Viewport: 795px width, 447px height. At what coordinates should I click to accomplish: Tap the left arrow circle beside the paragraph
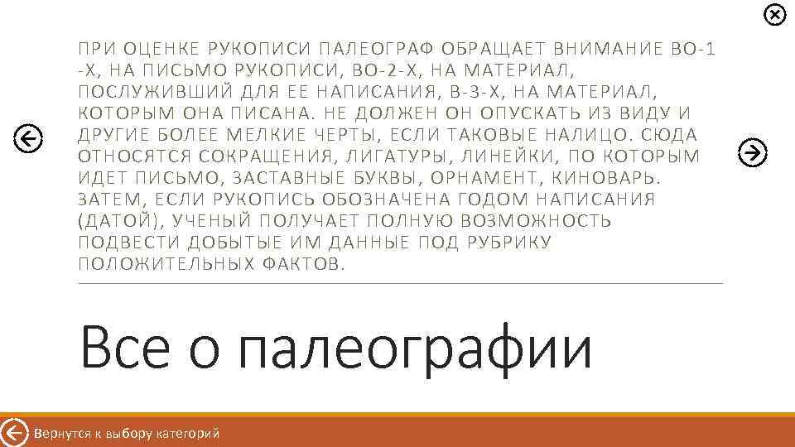29,139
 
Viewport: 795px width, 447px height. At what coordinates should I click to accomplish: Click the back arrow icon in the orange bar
14,433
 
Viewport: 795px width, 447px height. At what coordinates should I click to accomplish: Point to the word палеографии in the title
415,349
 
